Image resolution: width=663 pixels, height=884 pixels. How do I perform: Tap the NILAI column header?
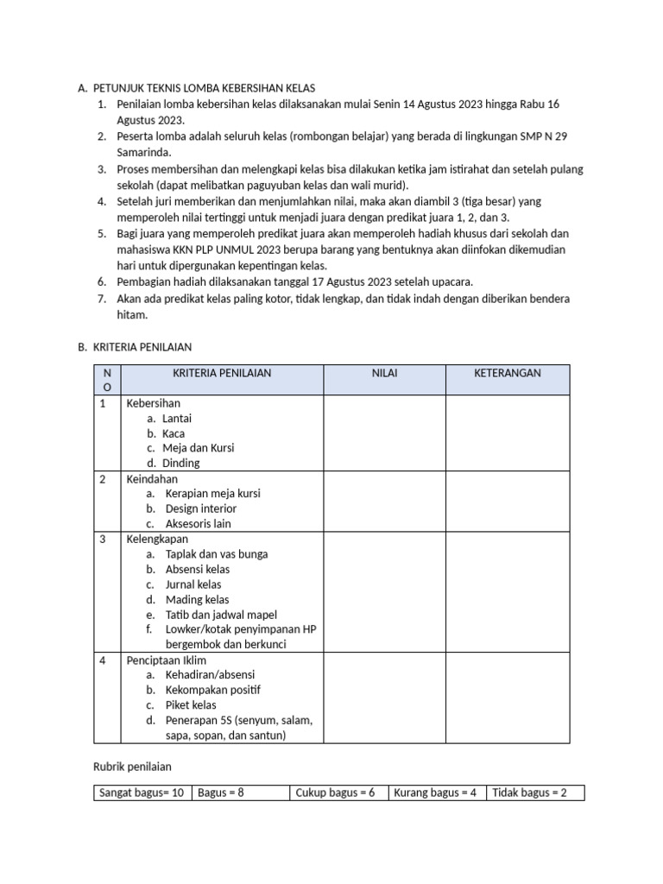pyautogui.click(x=384, y=373)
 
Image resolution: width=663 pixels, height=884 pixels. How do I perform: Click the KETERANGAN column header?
pyautogui.click(x=508, y=373)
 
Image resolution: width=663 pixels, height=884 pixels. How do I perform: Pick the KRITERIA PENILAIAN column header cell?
pyautogui.click(x=222, y=373)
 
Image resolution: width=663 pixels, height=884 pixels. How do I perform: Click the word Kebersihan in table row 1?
pyautogui.click(x=154, y=403)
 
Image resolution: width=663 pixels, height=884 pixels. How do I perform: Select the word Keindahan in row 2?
pyautogui.click(x=152, y=479)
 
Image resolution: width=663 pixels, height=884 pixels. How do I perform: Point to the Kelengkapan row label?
pyautogui.click(x=157, y=540)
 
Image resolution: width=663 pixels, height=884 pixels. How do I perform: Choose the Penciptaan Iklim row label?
pyautogui.click(x=167, y=660)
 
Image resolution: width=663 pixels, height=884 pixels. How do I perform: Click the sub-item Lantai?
pyautogui.click(x=176, y=419)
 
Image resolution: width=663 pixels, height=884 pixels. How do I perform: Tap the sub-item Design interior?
pyautogui.click(x=200, y=509)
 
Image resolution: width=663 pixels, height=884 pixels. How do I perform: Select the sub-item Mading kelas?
pyautogui.click(x=197, y=600)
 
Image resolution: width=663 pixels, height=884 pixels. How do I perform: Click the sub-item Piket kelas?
pyautogui.click(x=191, y=705)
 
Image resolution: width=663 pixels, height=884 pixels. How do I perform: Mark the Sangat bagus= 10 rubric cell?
pyautogui.click(x=142, y=792)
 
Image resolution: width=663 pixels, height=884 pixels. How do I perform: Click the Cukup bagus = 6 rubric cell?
pyautogui.click(x=335, y=792)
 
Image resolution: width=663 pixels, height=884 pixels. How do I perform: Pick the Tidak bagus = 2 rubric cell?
pyautogui.click(x=529, y=792)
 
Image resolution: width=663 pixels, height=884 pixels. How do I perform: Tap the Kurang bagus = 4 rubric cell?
pyautogui.click(x=435, y=792)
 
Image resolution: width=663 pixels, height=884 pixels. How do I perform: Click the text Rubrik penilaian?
pyautogui.click(x=132, y=767)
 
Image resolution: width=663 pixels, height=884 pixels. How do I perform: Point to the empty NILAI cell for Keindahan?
pyautogui.click(x=384, y=501)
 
